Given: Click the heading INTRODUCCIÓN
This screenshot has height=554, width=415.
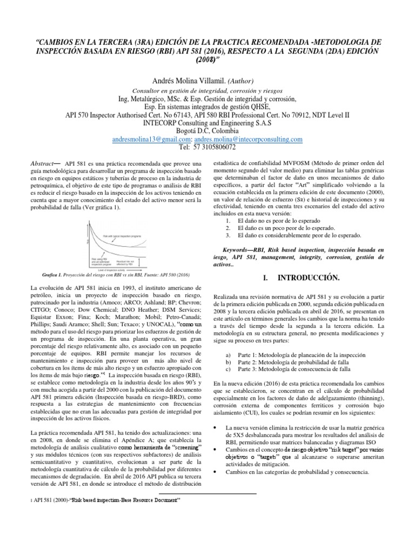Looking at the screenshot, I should [308, 278].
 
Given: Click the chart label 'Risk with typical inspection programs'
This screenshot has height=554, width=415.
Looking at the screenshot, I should [124, 236].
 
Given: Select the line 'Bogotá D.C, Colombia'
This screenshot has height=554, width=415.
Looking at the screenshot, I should [207, 131].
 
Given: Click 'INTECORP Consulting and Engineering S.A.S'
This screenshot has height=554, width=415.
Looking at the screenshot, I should [207, 123].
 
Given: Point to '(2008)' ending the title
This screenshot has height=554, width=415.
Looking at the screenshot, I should [207, 58].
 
